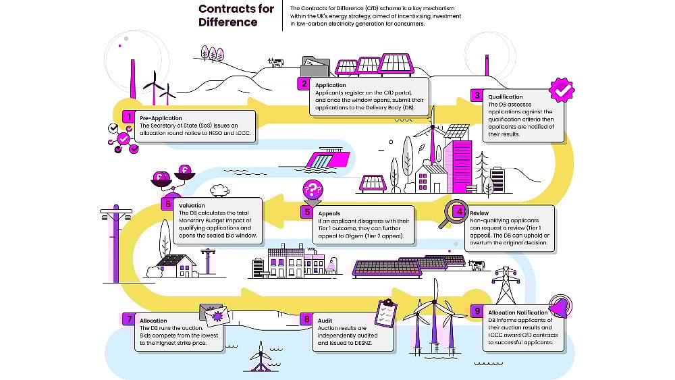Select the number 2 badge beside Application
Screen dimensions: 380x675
(x=304, y=85)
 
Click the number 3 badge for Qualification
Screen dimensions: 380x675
(x=477, y=96)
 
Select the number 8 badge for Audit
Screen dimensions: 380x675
(x=307, y=319)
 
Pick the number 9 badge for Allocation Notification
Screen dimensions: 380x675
(x=477, y=312)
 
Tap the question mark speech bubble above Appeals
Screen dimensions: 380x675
(x=313, y=190)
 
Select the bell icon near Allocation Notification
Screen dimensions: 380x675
(x=560, y=307)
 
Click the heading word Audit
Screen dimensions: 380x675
(x=324, y=320)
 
